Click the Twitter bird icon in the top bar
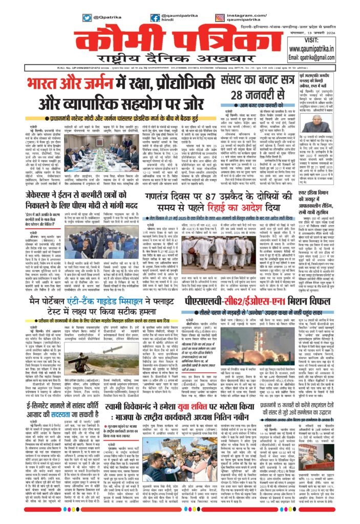point(87,18)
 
